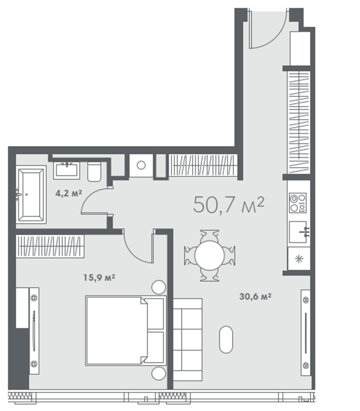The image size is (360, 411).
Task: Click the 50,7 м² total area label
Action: tap(228, 205)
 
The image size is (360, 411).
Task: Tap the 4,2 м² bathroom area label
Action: tap(68, 193)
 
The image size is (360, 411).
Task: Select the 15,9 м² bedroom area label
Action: tap(99, 277)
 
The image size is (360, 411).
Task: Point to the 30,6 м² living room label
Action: tap(255, 296)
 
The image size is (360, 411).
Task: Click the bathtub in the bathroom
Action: tap(31, 194)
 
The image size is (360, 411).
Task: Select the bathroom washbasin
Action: tap(66, 170)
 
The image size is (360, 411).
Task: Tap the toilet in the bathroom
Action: tap(94, 171)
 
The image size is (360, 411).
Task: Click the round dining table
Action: tap(209, 255)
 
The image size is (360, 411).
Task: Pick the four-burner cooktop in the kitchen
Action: tap(297, 203)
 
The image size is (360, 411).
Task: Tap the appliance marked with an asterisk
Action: tap(299, 259)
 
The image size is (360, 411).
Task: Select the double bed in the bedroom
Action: tap(126, 330)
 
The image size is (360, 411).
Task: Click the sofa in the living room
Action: tap(187, 339)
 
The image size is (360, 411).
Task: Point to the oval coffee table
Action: tap(226, 339)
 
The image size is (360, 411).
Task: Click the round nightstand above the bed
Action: tap(158, 287)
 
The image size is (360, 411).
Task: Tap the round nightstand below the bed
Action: tap(158, 373)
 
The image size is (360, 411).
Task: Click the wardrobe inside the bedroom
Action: tap(50, 246)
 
